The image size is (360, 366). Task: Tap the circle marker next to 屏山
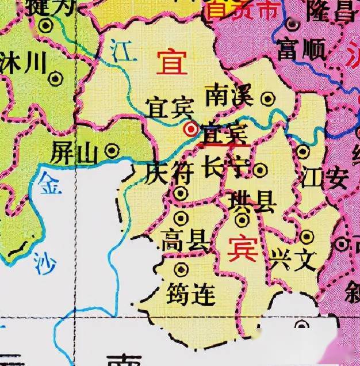point(112,151)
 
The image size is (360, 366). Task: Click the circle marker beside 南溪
point(267,99)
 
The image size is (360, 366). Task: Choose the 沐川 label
point(22,63)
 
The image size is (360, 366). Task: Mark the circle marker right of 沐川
point(56,78)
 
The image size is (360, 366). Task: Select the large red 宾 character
point(242,248)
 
